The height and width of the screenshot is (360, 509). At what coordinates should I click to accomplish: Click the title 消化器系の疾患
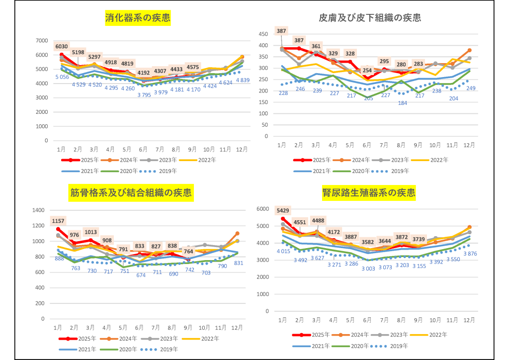coord(137,19)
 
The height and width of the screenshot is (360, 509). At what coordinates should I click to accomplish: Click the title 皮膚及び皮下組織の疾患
coord(370,18)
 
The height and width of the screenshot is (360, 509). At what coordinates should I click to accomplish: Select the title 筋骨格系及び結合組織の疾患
coord(130,192)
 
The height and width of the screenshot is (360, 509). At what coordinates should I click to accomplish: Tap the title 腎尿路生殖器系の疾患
coord(368,192)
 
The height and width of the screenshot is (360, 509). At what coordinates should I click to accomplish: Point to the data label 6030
coord(61,46)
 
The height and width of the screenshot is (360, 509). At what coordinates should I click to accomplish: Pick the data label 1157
coord(59,221)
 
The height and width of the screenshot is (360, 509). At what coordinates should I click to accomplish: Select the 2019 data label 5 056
coord(62,77)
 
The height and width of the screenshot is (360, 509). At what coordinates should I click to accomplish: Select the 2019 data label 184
coord(402,103)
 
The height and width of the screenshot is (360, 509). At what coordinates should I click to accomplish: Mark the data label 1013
coord(91,232)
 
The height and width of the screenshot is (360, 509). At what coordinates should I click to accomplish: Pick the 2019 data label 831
coord(239,263)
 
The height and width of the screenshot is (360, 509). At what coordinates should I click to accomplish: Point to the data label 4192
coord(144,73)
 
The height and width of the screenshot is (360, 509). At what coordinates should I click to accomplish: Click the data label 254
coord(367,70)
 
